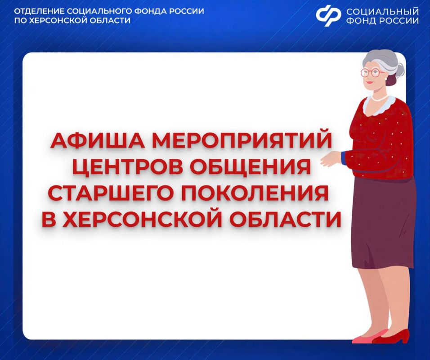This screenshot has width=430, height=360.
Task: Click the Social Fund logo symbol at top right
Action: [x=328, y=16]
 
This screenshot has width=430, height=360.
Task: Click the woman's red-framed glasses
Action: [x=372, y=72]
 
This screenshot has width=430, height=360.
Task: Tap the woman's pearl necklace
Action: [x=381, y=98]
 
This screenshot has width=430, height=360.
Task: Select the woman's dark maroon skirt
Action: [x=382, y=220]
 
